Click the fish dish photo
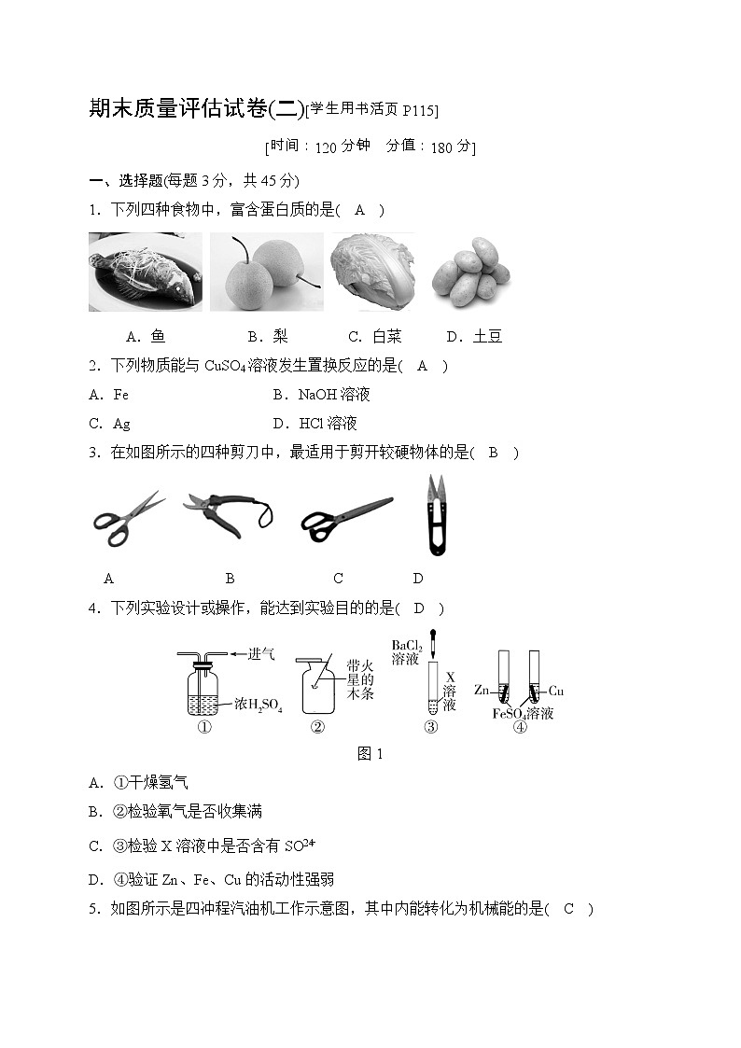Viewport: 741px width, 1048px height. tap(145, 272)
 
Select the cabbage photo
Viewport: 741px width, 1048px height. tap(370, 272)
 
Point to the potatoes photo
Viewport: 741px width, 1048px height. tap(471, 272)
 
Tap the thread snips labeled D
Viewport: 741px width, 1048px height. tap(432, 516)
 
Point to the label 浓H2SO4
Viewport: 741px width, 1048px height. tap(258, 704)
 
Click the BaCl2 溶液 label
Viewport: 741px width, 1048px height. tap(407, 652)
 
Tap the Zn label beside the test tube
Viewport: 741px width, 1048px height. tap(482, 691)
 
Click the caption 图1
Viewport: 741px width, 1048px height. tap(370, 754)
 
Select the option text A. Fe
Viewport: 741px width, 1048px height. tap(109, 395)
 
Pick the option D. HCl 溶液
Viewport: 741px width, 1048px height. tap(315, 424)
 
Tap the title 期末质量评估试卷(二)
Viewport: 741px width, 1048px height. tap(196, 109)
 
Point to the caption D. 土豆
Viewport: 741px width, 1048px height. tap(474, 337)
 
